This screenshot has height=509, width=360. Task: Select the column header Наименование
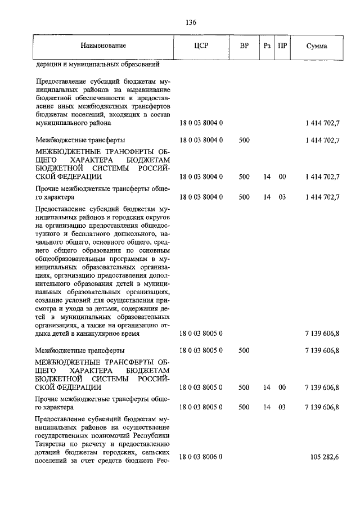pos(103,46)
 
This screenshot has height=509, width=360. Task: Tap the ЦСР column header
pos(201,46)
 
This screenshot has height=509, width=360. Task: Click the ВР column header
pos(244,46)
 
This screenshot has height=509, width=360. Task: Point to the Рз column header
pos(267,46)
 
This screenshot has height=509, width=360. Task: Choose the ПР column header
pos(282,46)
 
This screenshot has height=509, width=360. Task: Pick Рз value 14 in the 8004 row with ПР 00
pos(267,177)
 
